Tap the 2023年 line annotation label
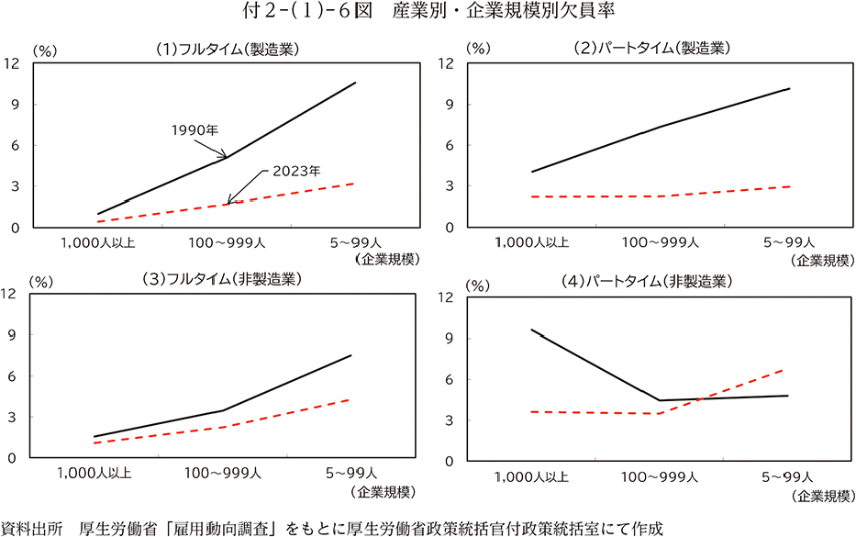pyautogui.click(x=295, y=171)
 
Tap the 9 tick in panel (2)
pyautogui.click(x=450, y=104)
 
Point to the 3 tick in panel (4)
pyautogui.click(x=450, y=420)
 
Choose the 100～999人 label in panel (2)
pyautogui.click(x=660, y=243)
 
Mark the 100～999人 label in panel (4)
pyautogui.click(x=660, y=477)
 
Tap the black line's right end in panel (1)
pyautogui.click(x=355, y=83)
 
